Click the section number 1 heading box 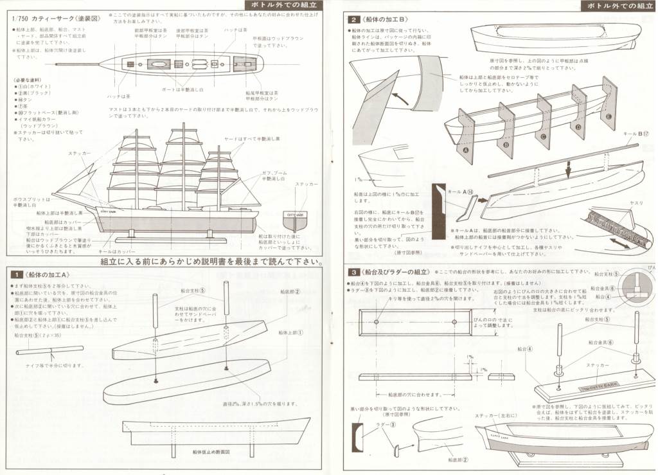pos(17,274)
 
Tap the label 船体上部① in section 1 pos(291,332)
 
